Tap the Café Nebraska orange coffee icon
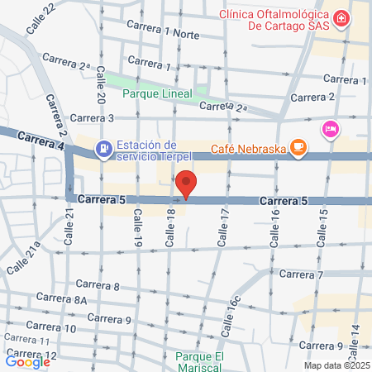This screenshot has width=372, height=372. (x=298, y=149)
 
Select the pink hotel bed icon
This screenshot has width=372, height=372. (x=331, y=129)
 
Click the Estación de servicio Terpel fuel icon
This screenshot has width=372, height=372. (x=103, y=150)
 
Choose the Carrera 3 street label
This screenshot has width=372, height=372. (x=93, y=118)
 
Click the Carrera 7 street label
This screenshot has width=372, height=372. (x=301, y=274)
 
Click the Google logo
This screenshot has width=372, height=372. (x=27, y=361)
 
